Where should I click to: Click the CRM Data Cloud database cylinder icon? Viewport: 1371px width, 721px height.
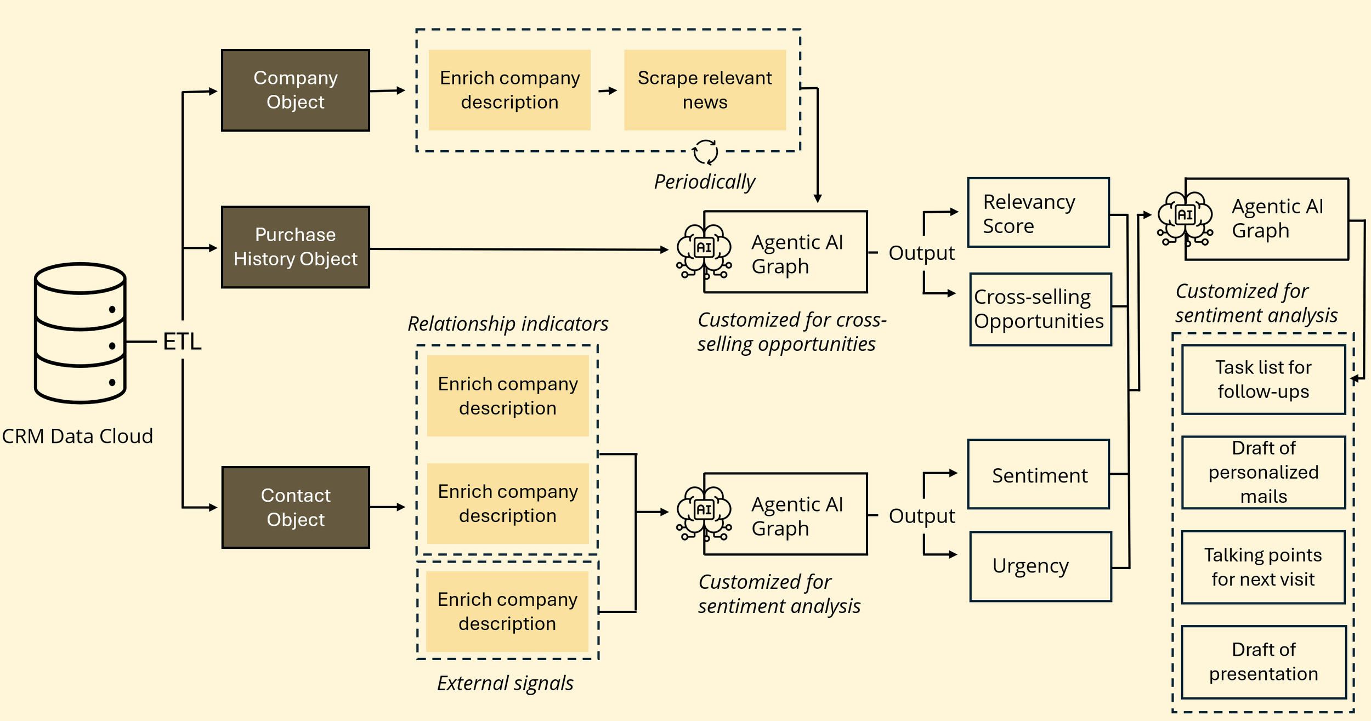click(x=80, y=333)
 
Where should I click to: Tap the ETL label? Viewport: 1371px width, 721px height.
click(x=182, y=342)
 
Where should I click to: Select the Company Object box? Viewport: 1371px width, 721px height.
click(x=296, y=90)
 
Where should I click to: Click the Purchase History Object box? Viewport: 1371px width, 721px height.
click(x=296, y=247)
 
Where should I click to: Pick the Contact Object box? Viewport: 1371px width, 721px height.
click(x=296, y=508)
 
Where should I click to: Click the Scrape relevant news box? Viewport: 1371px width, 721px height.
click(x=705, y=90)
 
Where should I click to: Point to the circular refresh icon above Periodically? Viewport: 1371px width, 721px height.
click(x=705, y=152)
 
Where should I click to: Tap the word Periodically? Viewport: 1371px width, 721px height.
click(x=705, y=182)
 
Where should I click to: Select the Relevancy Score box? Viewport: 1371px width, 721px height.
click(x=1038, y=213)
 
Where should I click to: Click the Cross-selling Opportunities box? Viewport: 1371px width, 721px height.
click(x=1040, y=309)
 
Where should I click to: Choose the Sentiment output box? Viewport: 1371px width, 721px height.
click(x=1039, y=475)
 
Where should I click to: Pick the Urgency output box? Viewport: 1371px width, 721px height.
click(x=1040, y=566)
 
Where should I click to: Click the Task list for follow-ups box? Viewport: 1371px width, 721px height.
click(x=1264, y=379)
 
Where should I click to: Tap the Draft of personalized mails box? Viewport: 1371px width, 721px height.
click(x=1264, y=472)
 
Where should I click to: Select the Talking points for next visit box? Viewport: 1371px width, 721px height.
click(x=1264, y=567)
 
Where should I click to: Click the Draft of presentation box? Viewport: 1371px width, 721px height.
click(x=1264, y=662)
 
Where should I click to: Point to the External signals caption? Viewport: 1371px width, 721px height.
click(x=505, y=683)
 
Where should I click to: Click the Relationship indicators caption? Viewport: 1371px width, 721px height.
click(x=508, y=323)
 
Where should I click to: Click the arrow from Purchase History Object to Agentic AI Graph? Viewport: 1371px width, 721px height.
click(x=518, y=249)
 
